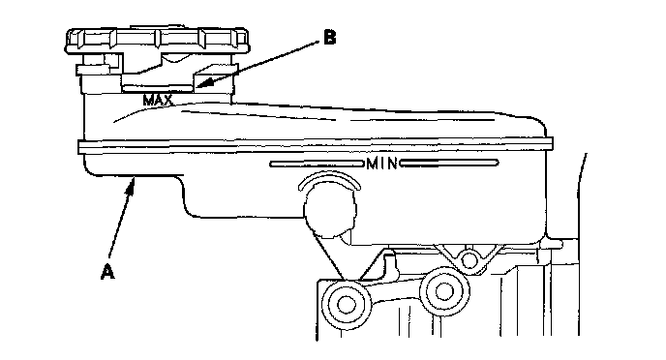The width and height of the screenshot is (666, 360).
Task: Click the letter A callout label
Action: tap(107, 272)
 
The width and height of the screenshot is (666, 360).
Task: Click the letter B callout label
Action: tap(329, 37)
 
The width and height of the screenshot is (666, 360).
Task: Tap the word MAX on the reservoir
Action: tap(158, 101)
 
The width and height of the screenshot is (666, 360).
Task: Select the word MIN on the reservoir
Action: tap(381, 163)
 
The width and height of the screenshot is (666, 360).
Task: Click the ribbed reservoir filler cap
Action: tap(157, 42)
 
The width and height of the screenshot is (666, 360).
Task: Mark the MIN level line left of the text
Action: tap(317, 164)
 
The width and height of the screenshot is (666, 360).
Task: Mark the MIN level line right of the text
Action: tap(448, 163)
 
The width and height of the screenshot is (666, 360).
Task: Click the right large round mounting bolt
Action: tap(444, 291)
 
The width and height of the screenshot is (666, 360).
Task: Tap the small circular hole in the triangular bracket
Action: tap(469, 259)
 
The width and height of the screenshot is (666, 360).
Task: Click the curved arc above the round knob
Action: tap(329, 177)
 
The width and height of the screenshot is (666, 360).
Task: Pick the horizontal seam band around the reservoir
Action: tap(316, 145)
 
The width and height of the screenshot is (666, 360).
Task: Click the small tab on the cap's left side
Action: tap(98, 70)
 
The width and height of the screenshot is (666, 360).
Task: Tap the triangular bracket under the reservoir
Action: tap(468, 257)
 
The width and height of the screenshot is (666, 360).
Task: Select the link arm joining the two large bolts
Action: tap(395, 294)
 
